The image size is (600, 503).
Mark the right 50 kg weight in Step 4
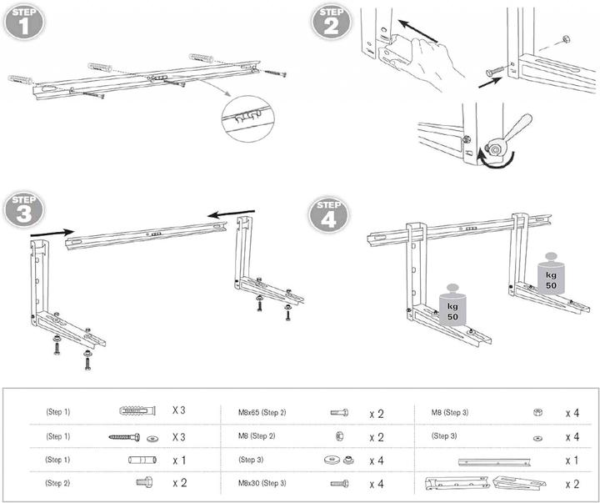coord(549,270)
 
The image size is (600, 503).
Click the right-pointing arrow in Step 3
coord(52,233)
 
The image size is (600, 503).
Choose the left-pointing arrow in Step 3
coord(228,215)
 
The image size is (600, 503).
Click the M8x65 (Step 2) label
coord(262,412)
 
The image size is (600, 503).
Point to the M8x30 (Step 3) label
coord(262,483)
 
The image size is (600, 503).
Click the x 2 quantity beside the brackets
coord(572,484)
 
